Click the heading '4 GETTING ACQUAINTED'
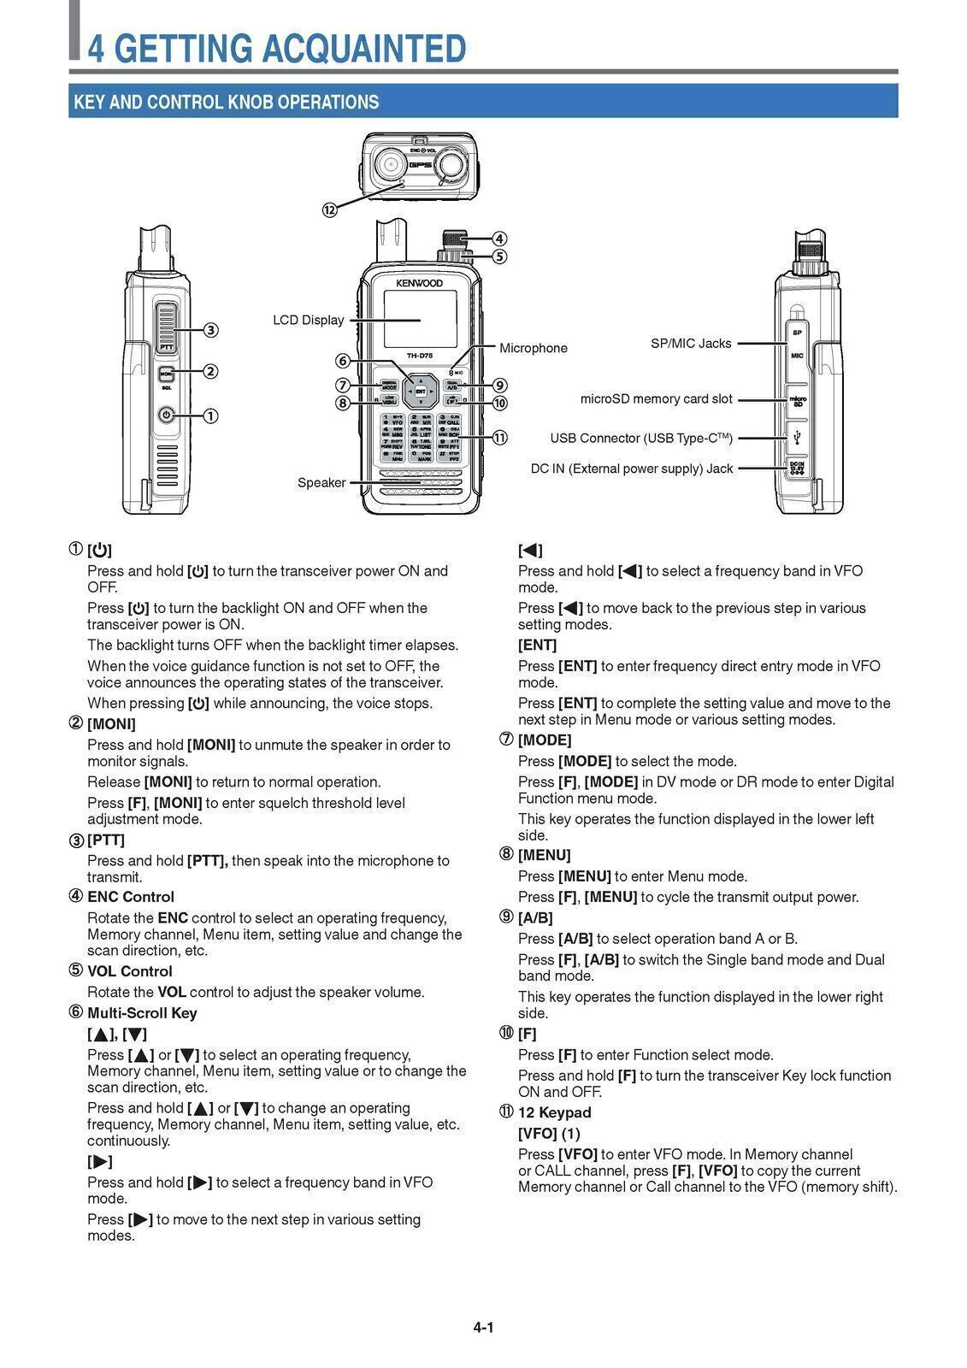277,48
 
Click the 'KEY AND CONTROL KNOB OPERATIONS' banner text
226,102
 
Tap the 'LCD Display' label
308,320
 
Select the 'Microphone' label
533,348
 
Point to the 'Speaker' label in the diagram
321,482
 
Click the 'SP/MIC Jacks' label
691,343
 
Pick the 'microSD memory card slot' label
656,398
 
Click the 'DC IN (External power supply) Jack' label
631,469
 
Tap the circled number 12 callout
329,209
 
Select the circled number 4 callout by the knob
499,239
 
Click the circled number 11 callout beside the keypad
500,438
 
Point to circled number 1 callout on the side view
209,416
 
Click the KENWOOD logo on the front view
419,282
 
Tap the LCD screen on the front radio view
419,319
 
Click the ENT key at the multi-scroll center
421,391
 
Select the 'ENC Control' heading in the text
130,897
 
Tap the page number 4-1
483,1328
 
